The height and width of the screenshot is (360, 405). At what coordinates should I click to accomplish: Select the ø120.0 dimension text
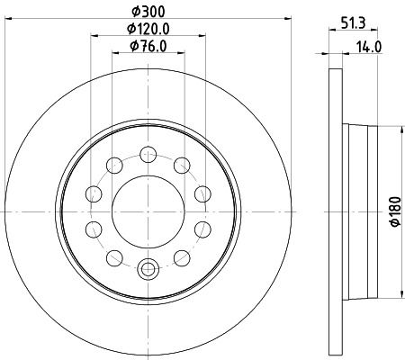(x=148, y=30)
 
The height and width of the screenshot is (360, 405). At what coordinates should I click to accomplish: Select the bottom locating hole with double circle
(x=148, y=266)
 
